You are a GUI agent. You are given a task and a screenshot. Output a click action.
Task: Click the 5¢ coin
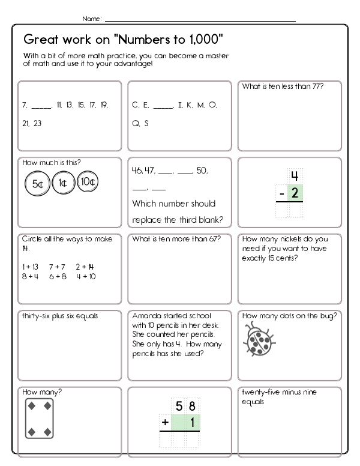37,184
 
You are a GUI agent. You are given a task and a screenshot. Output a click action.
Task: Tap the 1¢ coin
63,183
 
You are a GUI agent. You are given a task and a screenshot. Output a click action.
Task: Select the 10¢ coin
87,181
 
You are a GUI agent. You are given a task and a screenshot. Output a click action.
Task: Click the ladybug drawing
259,339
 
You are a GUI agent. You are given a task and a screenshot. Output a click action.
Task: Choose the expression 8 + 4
31,276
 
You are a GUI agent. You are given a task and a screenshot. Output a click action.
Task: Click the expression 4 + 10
86,276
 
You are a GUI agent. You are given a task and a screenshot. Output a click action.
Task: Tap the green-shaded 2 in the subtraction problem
294,193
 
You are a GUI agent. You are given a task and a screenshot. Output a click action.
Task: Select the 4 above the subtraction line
294,177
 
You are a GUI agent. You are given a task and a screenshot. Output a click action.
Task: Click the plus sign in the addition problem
163,423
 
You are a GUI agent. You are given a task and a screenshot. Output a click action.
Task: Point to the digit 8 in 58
192,407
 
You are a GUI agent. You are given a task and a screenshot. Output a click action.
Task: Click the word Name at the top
91,19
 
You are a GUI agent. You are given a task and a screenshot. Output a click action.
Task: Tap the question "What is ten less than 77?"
283,86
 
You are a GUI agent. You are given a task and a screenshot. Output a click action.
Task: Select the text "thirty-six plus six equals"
60,316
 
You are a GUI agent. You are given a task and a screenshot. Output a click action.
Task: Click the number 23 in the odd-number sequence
38,123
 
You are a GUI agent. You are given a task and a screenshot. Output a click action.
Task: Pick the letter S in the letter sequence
146,123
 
